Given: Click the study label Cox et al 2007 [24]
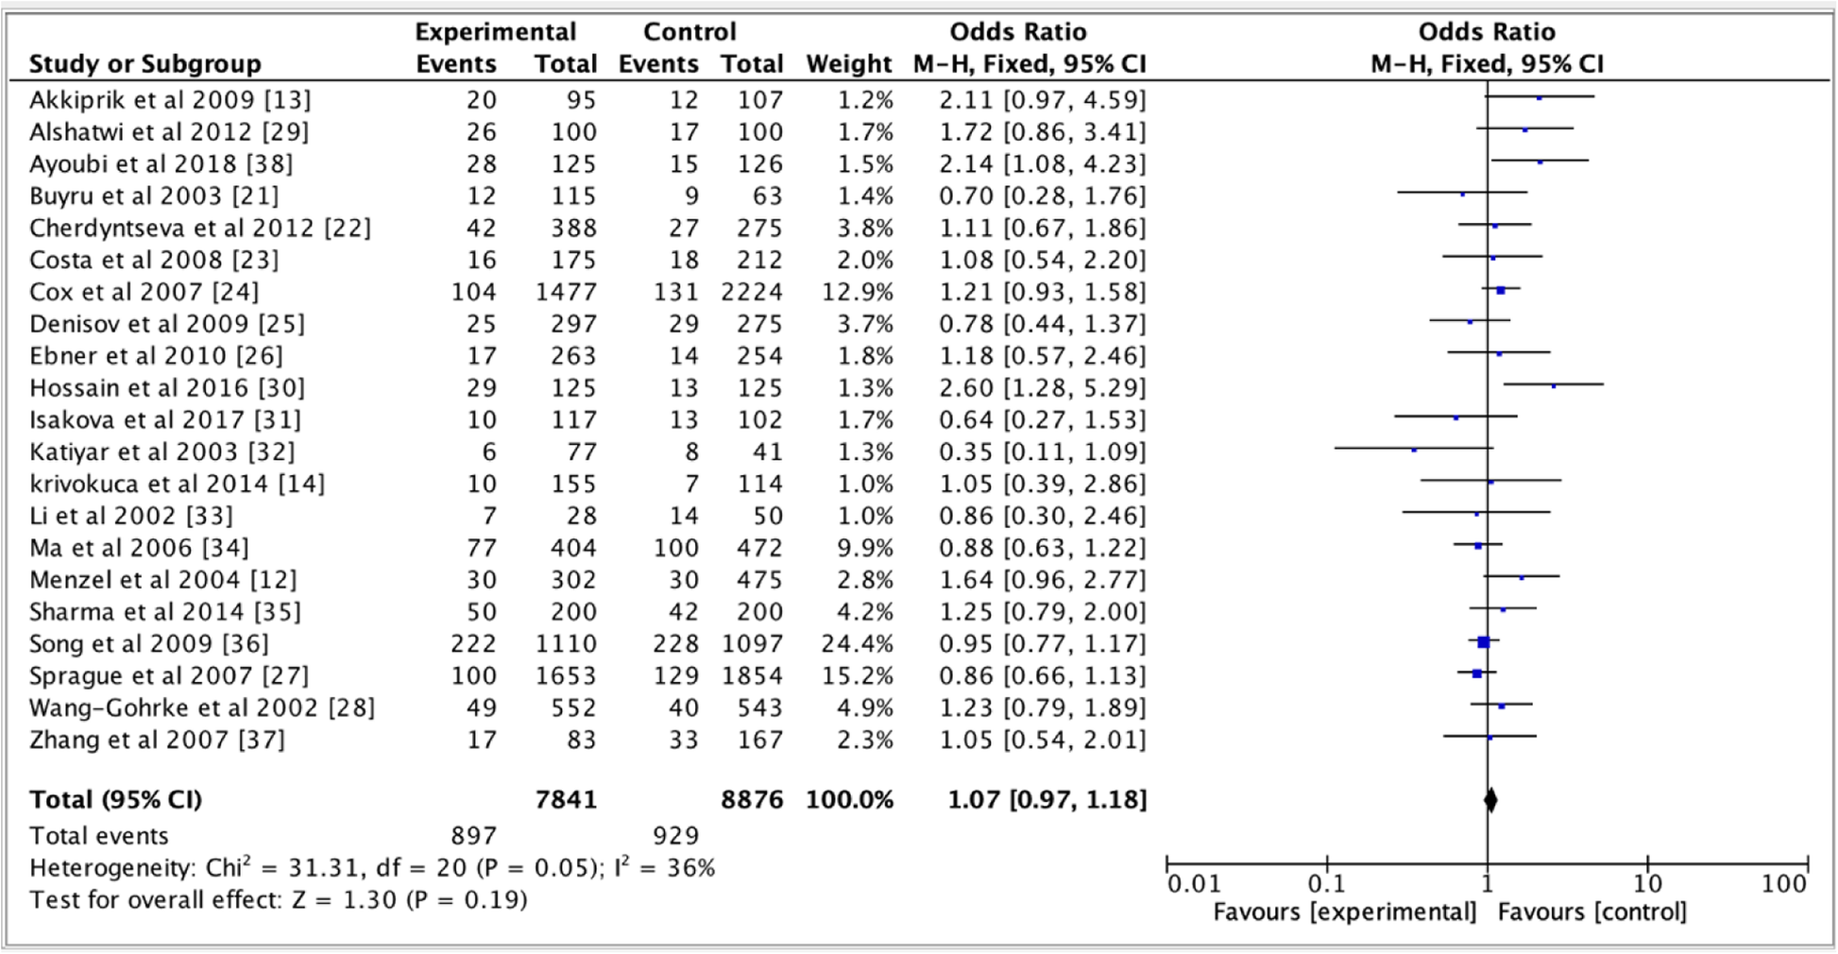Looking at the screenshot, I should (144, 292).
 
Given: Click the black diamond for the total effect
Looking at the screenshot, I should (1490, 800).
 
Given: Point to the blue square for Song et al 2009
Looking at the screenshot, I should (1483, 642).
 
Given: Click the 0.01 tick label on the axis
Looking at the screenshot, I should (1194, 884).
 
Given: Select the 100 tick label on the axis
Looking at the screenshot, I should (1783, 884).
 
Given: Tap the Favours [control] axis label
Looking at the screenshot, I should (1591, 912).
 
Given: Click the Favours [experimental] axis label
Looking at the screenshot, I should (1344, 912).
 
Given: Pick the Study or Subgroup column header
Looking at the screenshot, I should (145, 64).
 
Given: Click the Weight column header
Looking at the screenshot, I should (848, 64).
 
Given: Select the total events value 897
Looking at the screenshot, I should (473, 836).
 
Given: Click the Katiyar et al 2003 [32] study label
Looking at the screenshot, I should (162, 451).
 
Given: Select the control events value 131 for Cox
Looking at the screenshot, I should (675, 292).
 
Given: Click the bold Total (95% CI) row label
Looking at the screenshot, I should (115, 800).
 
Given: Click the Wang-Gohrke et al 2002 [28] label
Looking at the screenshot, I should (201, 707).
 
